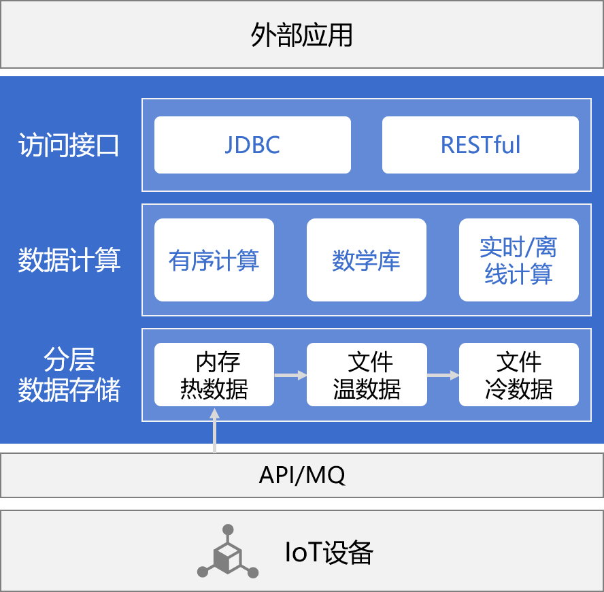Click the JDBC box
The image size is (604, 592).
[252, 145]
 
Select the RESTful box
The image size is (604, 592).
[480, 145]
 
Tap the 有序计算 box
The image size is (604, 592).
[214, 260]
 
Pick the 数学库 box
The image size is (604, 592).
[367, 260]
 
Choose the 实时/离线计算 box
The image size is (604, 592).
[518, 260]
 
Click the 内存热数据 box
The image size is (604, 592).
[214, 375]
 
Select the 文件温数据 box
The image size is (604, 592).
[367, 375]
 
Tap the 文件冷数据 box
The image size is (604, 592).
[518, 375]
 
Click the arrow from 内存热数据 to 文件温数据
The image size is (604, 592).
[290, 375]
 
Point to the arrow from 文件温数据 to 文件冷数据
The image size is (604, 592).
[443, 375]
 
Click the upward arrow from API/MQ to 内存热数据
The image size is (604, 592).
[214, 431]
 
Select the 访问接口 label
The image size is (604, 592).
[69, 145]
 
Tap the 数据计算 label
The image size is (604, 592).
[69, 260]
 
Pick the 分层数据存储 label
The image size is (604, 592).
[69, 375]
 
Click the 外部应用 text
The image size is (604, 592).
[301, 35]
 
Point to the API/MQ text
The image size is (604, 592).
[301, 475]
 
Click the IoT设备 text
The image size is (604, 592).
[329, 553]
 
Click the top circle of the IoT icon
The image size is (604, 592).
[228, 529]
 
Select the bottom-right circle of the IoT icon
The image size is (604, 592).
[253, 573]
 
